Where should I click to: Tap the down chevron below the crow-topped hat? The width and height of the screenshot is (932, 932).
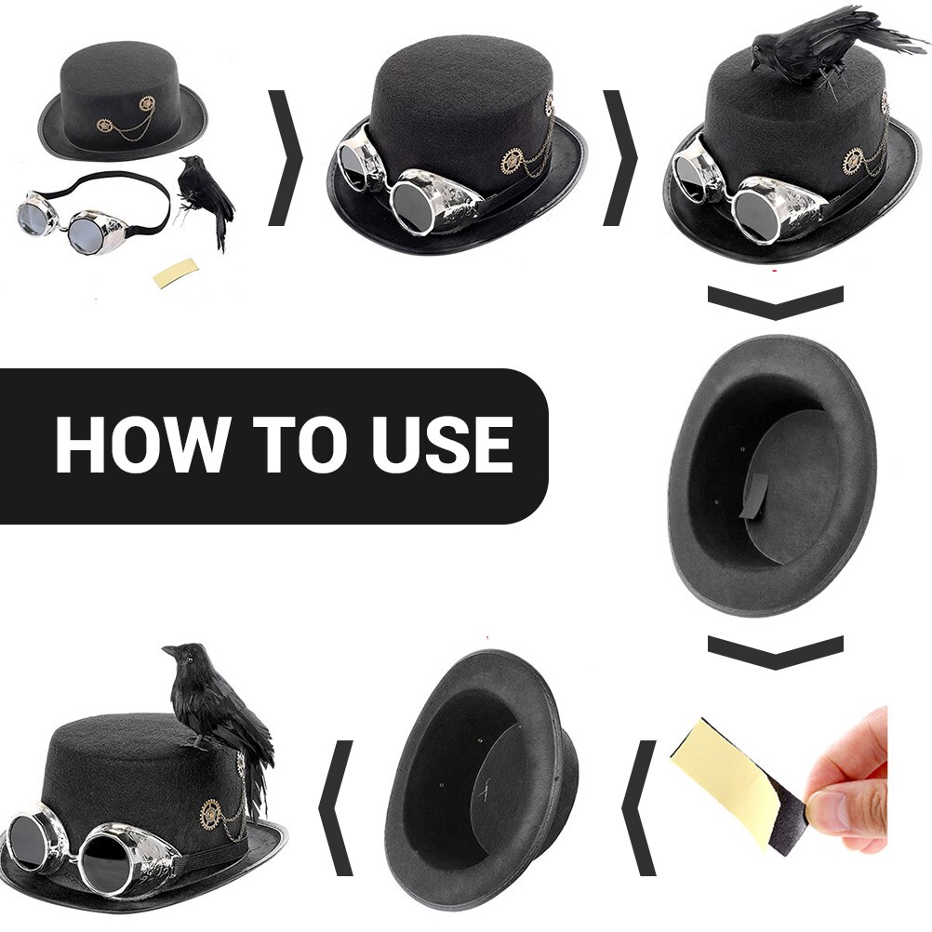click(x=775, y=302)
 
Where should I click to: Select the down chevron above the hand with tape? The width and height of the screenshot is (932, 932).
click(x=775, y=652)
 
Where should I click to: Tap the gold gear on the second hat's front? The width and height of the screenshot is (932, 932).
click(x=512, y=161)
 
